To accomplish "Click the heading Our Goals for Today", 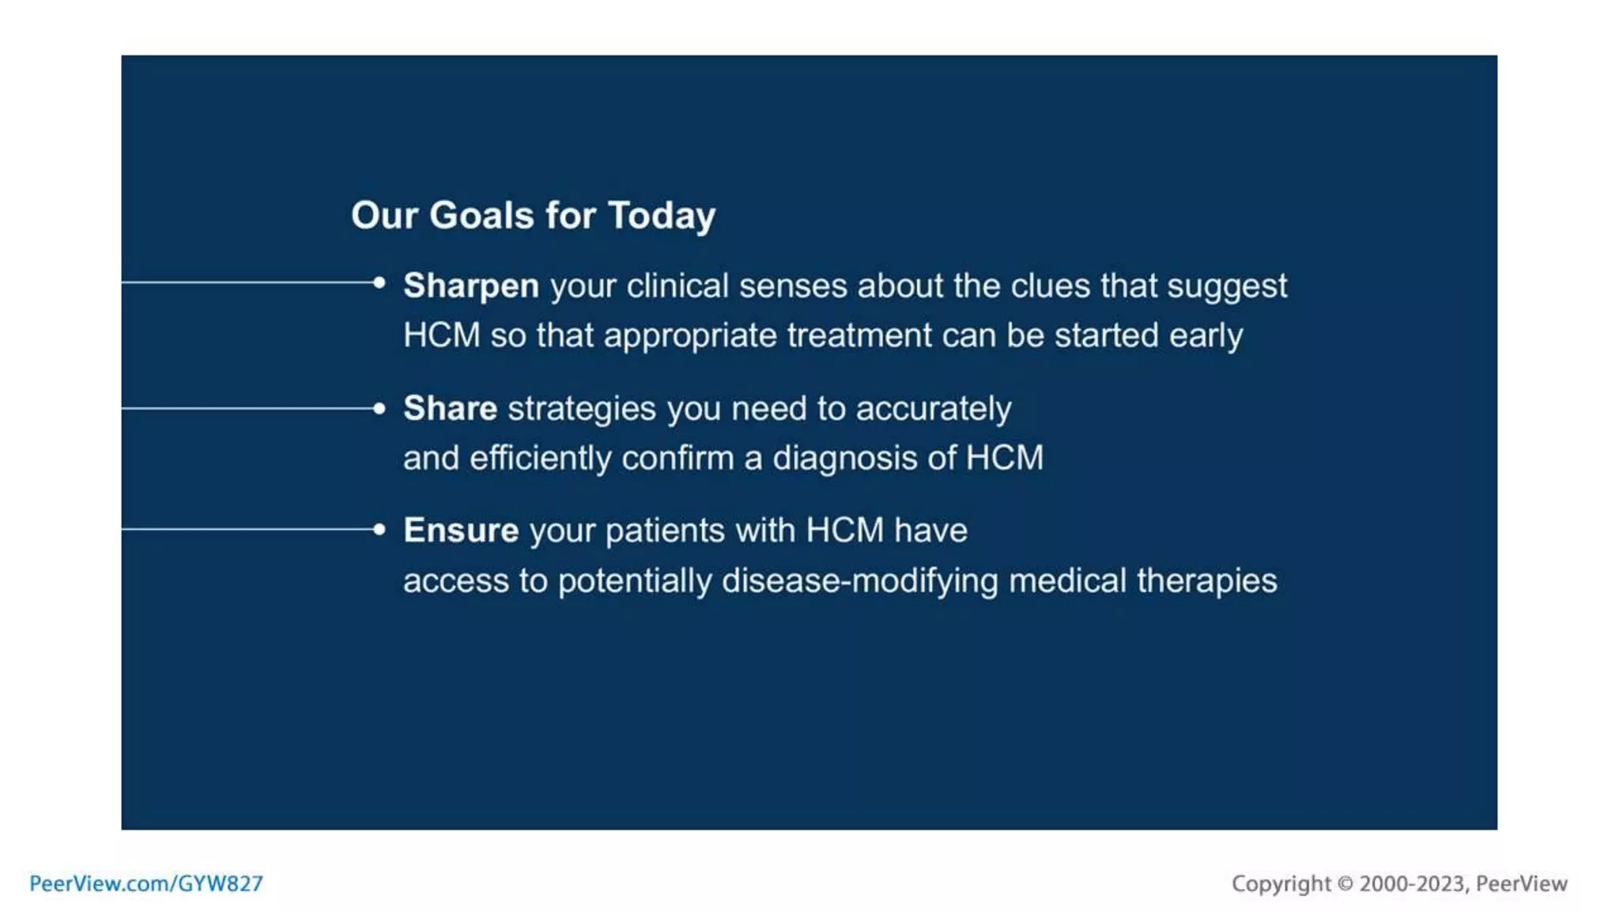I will click(x=533, y=215).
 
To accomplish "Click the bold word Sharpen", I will click(x=471, y=285).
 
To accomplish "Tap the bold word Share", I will click(x=450, y=409).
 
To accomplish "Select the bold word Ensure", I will click(x=461, y=531).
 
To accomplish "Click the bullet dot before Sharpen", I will click(x=379, y=282).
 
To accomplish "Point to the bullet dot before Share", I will click(x=379, y=409).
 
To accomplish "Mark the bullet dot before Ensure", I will click(x=379, y=530).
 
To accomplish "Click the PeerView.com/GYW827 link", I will click(x=146, y=883).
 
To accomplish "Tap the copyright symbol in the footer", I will click(x=1345, y=883).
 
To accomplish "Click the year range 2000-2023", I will click(x=1412, y=883).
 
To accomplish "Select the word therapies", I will click(x=1206, y=581).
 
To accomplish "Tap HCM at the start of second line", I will click(x=441, y=336).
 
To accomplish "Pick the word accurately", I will click(x=933, y=410).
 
